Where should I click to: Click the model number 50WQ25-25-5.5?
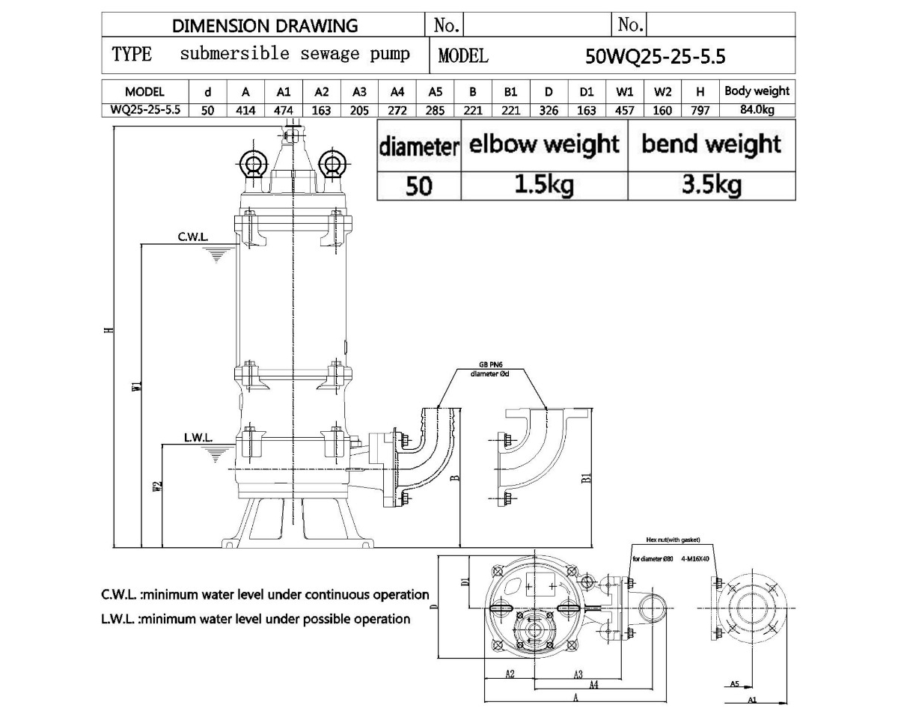(656, 56)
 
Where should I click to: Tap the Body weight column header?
(757, 91)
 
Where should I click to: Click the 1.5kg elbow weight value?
(544, 184)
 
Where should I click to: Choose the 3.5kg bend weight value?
(711, 184)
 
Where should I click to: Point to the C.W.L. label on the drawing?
(193, 237)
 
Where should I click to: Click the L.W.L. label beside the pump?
(198, 436)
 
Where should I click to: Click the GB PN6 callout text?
(490, 366)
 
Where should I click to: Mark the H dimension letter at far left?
(109, 332)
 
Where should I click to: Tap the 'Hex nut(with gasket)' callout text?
(673, 539)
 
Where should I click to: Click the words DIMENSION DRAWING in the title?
(265, 25)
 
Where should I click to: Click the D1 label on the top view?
(464, 582)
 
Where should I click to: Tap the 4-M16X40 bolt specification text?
(695, 559)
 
